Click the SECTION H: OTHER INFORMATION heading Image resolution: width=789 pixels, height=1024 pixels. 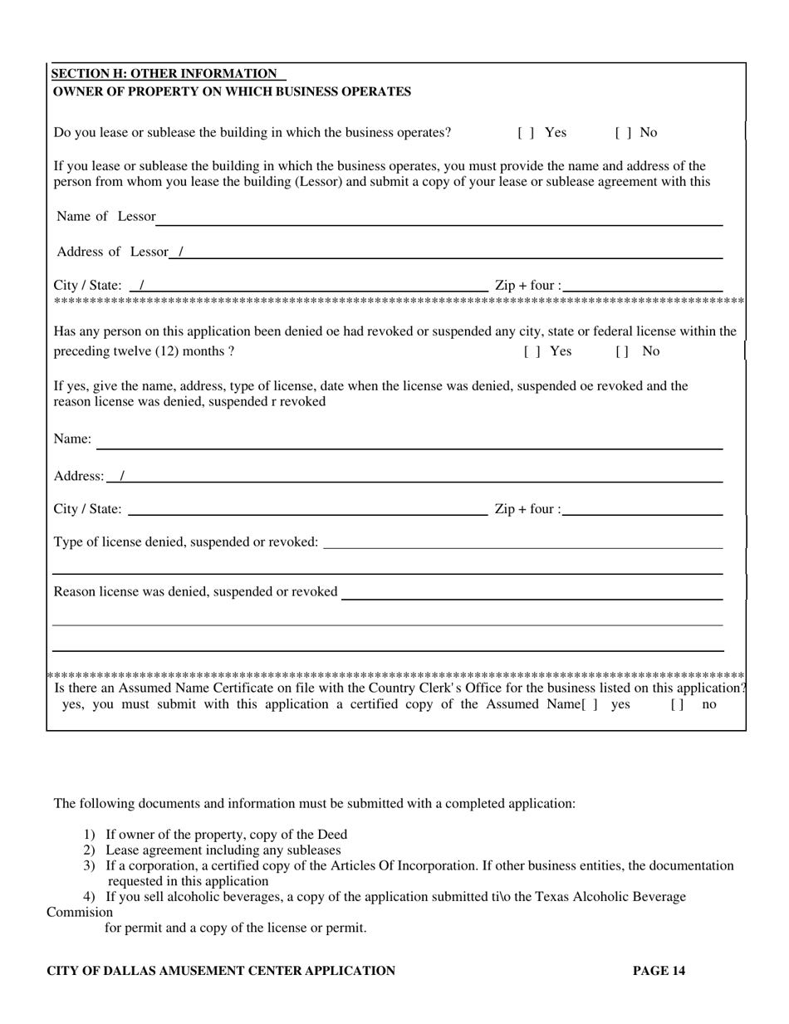click(x=165, y=75)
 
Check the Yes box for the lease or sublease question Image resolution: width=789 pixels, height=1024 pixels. click(x=525, y=132)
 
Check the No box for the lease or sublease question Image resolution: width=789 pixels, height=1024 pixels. click(x=623, y=132)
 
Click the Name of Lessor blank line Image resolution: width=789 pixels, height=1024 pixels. click(x=439, y=218)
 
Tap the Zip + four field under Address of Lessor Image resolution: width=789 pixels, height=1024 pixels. click(x=641, y=287)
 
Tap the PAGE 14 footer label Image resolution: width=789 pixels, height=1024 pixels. click(x=659, y=970)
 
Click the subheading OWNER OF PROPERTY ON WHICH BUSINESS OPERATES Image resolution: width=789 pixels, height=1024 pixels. click(x=232, y=91)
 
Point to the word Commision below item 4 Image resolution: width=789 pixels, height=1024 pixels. click(x=80, y=912)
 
